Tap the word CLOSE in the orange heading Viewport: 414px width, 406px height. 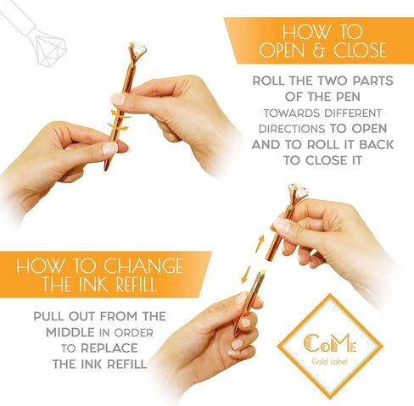[360, 50]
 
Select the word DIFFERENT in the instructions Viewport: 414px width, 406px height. [353, 114]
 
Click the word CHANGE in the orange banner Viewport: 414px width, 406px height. [143, 265]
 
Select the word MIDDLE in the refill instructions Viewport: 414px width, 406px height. [70, 332]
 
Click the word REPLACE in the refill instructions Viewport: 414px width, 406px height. [109, 348]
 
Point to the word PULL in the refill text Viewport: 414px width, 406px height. [48, 316]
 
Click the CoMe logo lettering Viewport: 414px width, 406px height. [330, 343]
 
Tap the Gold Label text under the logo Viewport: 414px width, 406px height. [329, 361]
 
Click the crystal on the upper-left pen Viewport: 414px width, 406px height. [138, 50]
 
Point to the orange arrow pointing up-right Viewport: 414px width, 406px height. [260, 243]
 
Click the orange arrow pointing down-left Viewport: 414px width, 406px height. [246, 274]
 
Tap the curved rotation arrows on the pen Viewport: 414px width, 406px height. [119, 120]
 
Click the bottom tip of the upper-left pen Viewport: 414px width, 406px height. [105, 170]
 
